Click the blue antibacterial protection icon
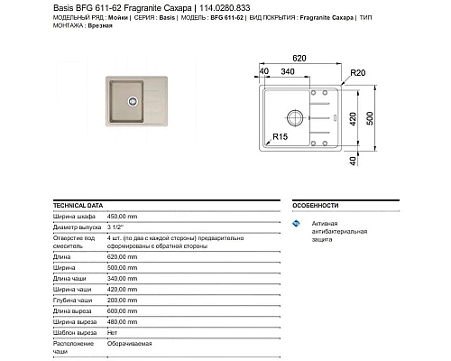[x=296, y=223]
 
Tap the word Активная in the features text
[x=325, y=223]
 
